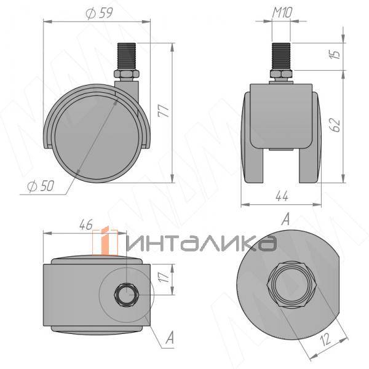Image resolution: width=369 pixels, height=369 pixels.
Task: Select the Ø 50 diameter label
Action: (x=39, y=187)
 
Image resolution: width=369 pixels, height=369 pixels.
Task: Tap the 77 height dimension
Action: (x=162, y=111)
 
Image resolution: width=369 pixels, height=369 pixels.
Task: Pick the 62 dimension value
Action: (x=333, y=125)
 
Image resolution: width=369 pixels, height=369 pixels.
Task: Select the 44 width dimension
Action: (x=282, y=197)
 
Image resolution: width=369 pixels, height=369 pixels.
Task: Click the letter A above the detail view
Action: (x=285, y=220)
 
